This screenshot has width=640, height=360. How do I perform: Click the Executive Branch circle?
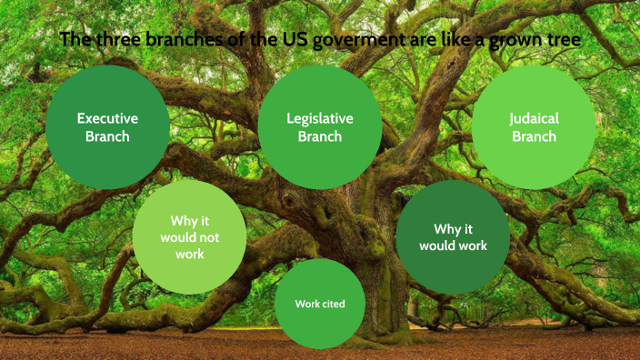pyautogui.click(x=107, y=127)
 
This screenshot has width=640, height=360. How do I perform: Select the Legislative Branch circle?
pyautogui.click(x=320, y=127)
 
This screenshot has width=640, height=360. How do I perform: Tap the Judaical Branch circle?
pyautogui.click(x=534, y=127)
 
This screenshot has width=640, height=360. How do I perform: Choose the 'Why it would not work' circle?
pyautogui.click(x=189, y=237)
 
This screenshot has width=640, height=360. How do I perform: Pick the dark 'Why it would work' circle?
pyautogui.click(x=453, y=237)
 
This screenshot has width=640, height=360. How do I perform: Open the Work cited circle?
pyautogui.click(x=320, y=304)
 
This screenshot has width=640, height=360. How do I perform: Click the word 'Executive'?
pyautogui.click(x=107, y=118)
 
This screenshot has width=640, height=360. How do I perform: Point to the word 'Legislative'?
pyautogui.click(x=320, y=118)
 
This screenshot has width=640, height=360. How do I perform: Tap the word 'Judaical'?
pyautogui.click(x=534, y=118)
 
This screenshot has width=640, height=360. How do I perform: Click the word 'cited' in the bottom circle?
pyautogui.click(x=332, y=304)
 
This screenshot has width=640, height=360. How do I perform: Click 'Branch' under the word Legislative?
pyautogui.click(x=320, y=137)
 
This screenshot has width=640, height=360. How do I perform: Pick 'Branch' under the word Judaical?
pyautogui.click(x=534, y=137)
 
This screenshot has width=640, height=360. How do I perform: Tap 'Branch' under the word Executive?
pyautogui.click(x=107, y=137)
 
